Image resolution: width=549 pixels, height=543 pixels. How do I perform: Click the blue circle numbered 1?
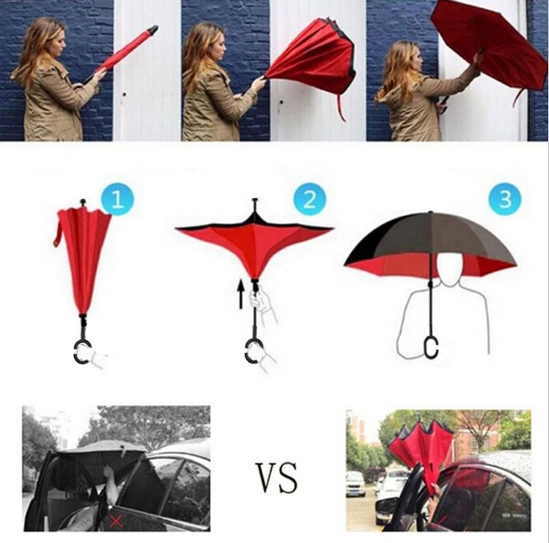(x=118, y=198)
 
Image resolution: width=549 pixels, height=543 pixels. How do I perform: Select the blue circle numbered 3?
(x=504, y=198)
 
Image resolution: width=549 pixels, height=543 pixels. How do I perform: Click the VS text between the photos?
(x=277, y=476)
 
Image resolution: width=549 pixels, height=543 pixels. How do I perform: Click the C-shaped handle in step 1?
(x=83, y=350)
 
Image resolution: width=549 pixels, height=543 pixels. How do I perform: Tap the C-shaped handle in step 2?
(x=253, y=351)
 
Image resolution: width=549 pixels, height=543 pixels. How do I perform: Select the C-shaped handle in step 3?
(x=431, y=346)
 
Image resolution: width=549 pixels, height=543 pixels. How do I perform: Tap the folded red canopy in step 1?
(x=83, y=251)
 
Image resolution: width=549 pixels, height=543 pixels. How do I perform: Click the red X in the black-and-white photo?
(x=117, y=520)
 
